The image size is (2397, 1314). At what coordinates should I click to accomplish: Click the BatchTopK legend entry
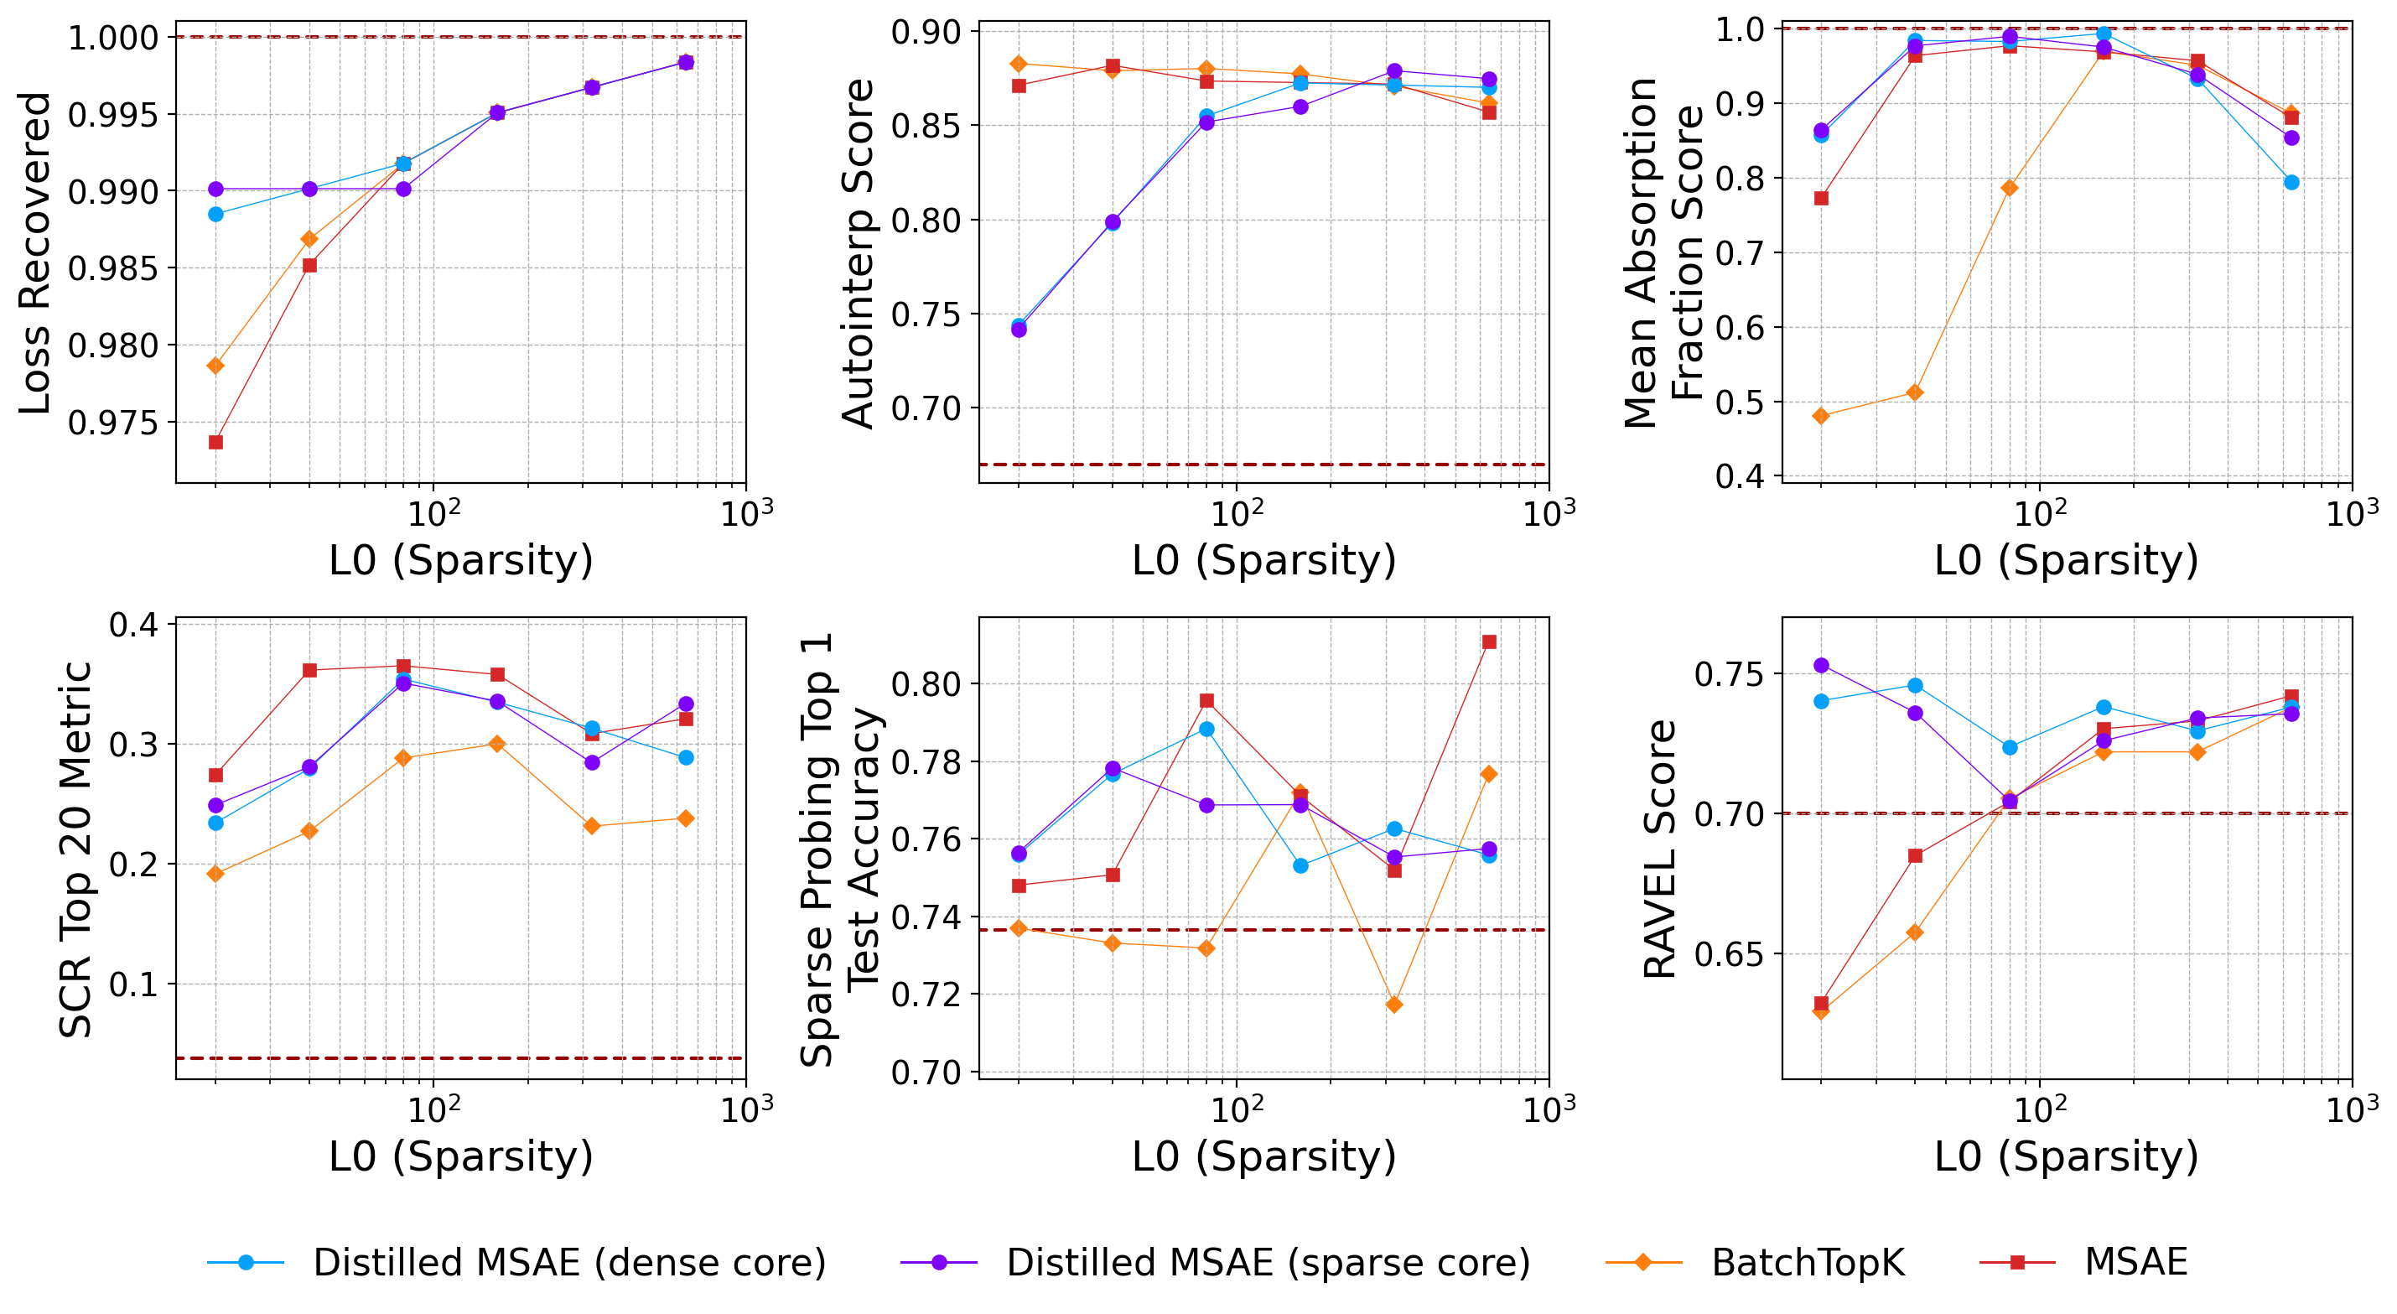click(x=1807, y=1263)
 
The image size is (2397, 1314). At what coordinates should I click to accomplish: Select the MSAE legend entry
click(x=2135, y=1262)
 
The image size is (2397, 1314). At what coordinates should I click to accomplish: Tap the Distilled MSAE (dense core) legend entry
click(x=568, y=1263)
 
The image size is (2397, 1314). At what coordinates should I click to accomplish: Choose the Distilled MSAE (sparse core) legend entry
click(x=1268, y=1263)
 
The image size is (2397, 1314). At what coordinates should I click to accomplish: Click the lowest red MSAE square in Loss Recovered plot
click(x=215, y=442)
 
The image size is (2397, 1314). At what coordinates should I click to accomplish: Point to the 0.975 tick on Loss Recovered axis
click(x=112, y=423)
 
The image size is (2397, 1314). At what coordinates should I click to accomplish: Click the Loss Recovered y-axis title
click(x=35, y=253)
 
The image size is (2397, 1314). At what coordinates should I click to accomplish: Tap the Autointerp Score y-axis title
click(x=857, y=253)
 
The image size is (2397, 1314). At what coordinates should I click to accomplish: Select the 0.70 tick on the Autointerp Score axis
click(x=925, y=408)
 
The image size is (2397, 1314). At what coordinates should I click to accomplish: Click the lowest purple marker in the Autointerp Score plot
click(x=1019, y=330)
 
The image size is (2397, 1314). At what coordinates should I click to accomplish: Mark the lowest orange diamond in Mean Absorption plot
click(x=1821, y=416)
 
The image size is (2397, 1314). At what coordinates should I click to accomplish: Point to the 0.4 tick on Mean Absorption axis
click(x=1739, y=476)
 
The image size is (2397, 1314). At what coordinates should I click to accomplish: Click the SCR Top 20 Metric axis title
click(x=75, y=849)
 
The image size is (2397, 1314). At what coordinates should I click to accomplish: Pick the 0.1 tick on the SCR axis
click(x=134, y=984)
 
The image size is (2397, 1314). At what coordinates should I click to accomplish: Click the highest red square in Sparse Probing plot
click(x=1489, y=642)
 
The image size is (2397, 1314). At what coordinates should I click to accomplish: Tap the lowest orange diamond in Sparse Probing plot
click(x=1394, y=1005)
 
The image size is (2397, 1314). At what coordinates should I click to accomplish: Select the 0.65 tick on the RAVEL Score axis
click(x=1729, y=955)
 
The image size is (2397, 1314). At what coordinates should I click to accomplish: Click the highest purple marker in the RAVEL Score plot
click(x=1821, y=665)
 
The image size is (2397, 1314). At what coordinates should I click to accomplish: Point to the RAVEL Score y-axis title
click(x=1659, y=849)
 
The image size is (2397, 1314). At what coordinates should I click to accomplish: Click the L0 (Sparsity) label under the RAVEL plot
click(x=2066, y=1156)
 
